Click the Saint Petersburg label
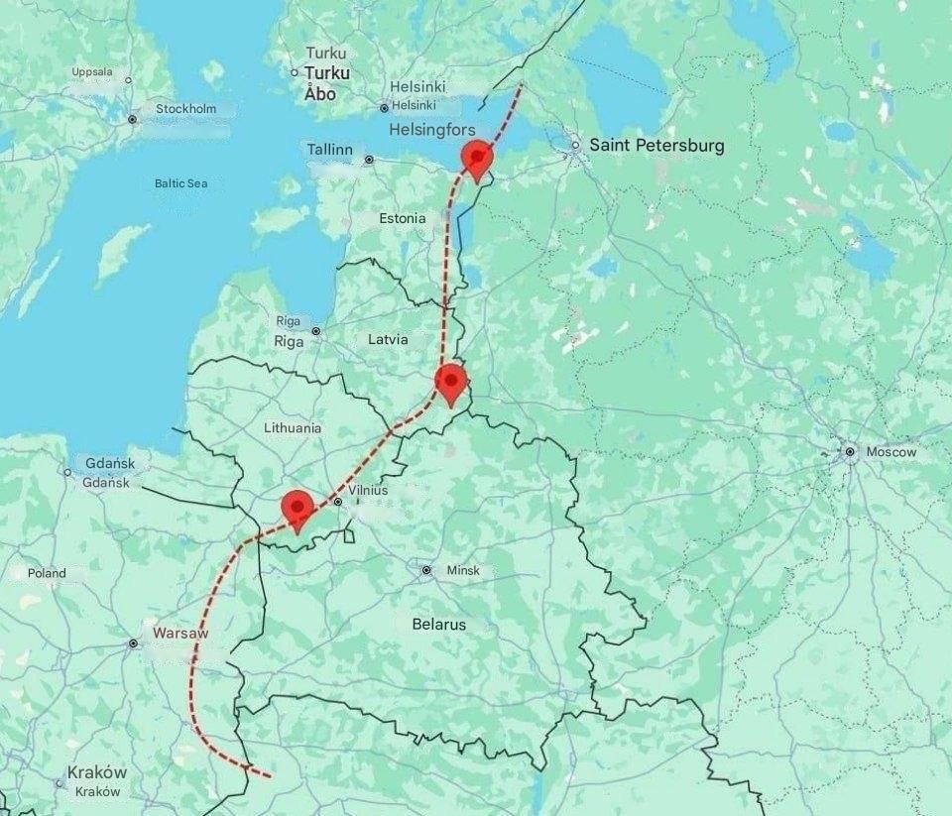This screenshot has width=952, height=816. (x=656, y=146)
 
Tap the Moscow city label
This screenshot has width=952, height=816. (x=891, y=452)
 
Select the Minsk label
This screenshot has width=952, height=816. (x=463, y=571)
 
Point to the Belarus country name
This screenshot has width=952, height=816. (x=438, y=625)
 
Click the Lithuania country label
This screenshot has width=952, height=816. (x=293, y=428)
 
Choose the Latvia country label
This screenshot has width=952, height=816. (x=388, y=339)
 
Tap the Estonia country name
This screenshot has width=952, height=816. (x=403, y=218)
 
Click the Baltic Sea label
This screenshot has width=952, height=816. (x=180, y=183)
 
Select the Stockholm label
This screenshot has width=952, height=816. (x=185, y=108)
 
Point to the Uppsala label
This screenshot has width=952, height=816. (x=92, y=71)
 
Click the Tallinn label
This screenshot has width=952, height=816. (x=329, y=149)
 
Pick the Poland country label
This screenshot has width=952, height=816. (x=47, y=573)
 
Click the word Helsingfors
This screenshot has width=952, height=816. (x=432, y=130)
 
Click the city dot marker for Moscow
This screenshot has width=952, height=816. (x=850, y=452)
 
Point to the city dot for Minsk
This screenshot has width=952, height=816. (x=426, y=571)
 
